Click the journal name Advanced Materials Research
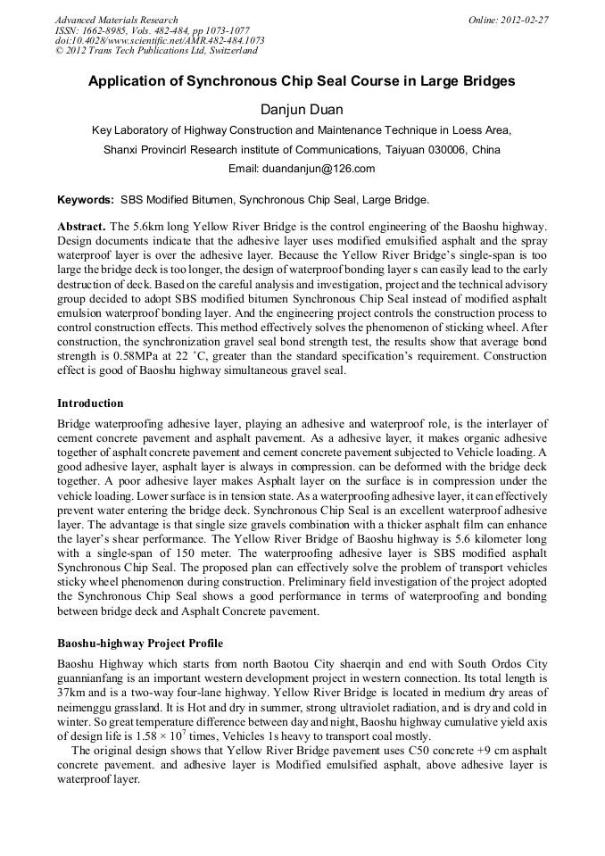click(x=116, y=20)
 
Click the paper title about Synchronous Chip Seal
click(x=302, y=81)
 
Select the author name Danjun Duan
click(x=302, y=109)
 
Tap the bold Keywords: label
click(x=85, y=200)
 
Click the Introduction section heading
click(x=90, y=403)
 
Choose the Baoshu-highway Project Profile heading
click(x=140, y=643)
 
